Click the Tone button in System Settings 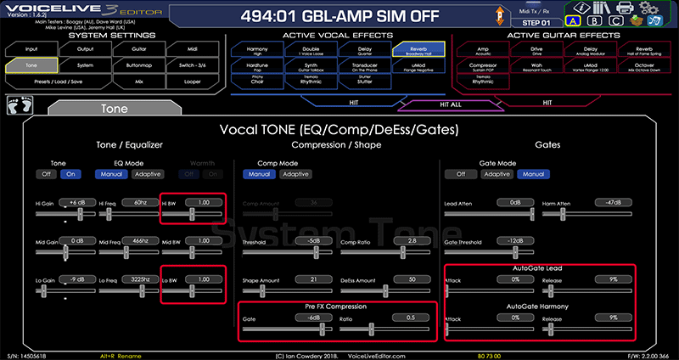(x=31, y=65)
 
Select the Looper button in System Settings (x=192, y=82)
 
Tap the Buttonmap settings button (x=138, y=65)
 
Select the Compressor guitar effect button (x=484, y=65)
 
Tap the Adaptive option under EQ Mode (x=147, y=174)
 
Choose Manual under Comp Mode (x=259, y=174)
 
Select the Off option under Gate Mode (x=461, y=174)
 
